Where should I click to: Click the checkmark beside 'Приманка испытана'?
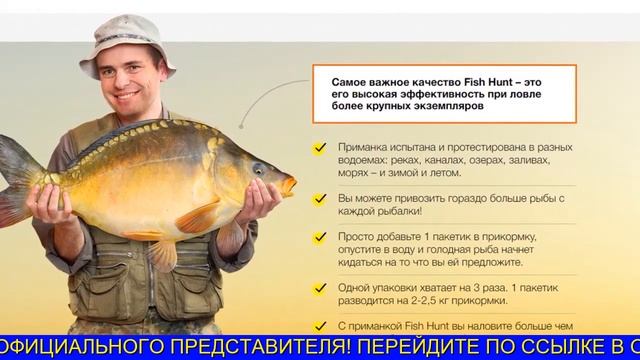(320, 148)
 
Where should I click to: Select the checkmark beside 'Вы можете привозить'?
(320, 200)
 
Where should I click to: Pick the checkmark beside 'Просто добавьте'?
(320, 238)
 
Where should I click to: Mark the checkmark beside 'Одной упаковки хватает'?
(320, 289)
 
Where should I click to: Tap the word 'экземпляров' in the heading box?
(444, 104)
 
